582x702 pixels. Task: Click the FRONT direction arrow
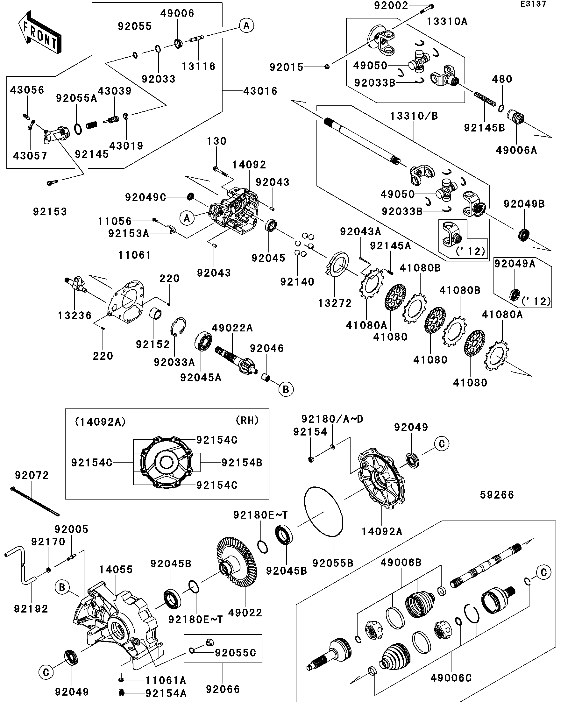pos(39,33)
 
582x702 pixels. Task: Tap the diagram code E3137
pos(533,4)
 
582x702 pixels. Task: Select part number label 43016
pos(260,91)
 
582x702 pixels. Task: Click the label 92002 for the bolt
pos(391,6)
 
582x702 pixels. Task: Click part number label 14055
pos(116,570)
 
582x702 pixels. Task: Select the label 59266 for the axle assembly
pos(497,495)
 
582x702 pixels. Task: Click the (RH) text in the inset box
pos(247,420)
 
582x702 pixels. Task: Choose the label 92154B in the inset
pos(242,463)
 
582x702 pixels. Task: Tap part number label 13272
pos(335,303)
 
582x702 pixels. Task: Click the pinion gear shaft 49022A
pos(236,361)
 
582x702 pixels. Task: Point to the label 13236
pos(75,316)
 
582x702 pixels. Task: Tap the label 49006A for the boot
pos(516,150)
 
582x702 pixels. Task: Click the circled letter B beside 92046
pos(286,389)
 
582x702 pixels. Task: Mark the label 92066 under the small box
pos(223,689)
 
